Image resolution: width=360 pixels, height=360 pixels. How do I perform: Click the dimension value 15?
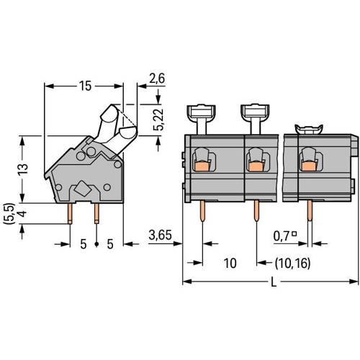[86, 86]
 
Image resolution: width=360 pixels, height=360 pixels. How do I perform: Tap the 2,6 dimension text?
[157, 78]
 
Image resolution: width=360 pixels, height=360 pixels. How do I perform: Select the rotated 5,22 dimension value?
[158, 120]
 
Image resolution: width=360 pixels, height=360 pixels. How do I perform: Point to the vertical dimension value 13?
[23, 169]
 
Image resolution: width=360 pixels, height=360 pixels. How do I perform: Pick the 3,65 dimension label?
[160, 235]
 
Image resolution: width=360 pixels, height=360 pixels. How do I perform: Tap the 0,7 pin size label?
[281, 236]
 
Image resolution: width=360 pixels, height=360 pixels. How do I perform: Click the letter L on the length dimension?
[274, 282]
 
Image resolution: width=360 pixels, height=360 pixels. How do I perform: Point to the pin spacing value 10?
[230, 263]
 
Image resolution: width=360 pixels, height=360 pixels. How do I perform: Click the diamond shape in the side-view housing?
[83, 188]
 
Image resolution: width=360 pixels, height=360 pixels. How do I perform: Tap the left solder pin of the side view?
[70, 214]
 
